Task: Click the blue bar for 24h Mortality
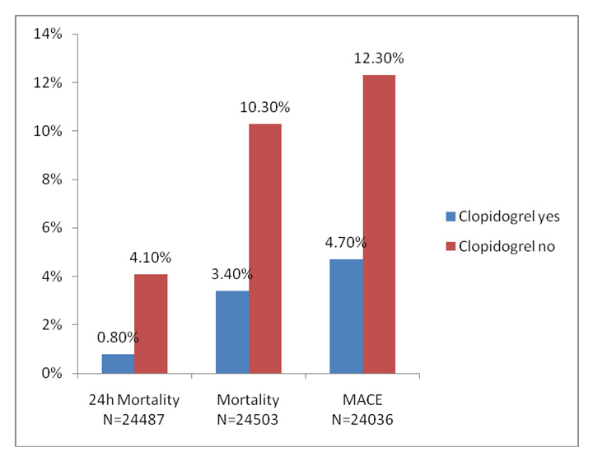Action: coord(119,364)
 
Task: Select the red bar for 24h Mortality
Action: coord(151,324)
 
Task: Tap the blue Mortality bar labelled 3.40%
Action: coord(232,332)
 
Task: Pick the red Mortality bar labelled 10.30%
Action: coord(264,249)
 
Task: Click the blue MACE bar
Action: coord(346,316)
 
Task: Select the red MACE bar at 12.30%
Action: coord(378,224)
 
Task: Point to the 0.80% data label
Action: coord(119,338)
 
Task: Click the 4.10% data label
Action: coord(151,258)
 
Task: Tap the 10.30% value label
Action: coord(264,108)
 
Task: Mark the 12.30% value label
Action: coord(378,58)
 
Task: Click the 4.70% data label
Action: coord(346,243)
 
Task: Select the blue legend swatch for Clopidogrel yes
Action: coord(451,217)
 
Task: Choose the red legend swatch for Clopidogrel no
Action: coord(451,244)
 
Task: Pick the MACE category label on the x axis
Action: coord(362,400)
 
